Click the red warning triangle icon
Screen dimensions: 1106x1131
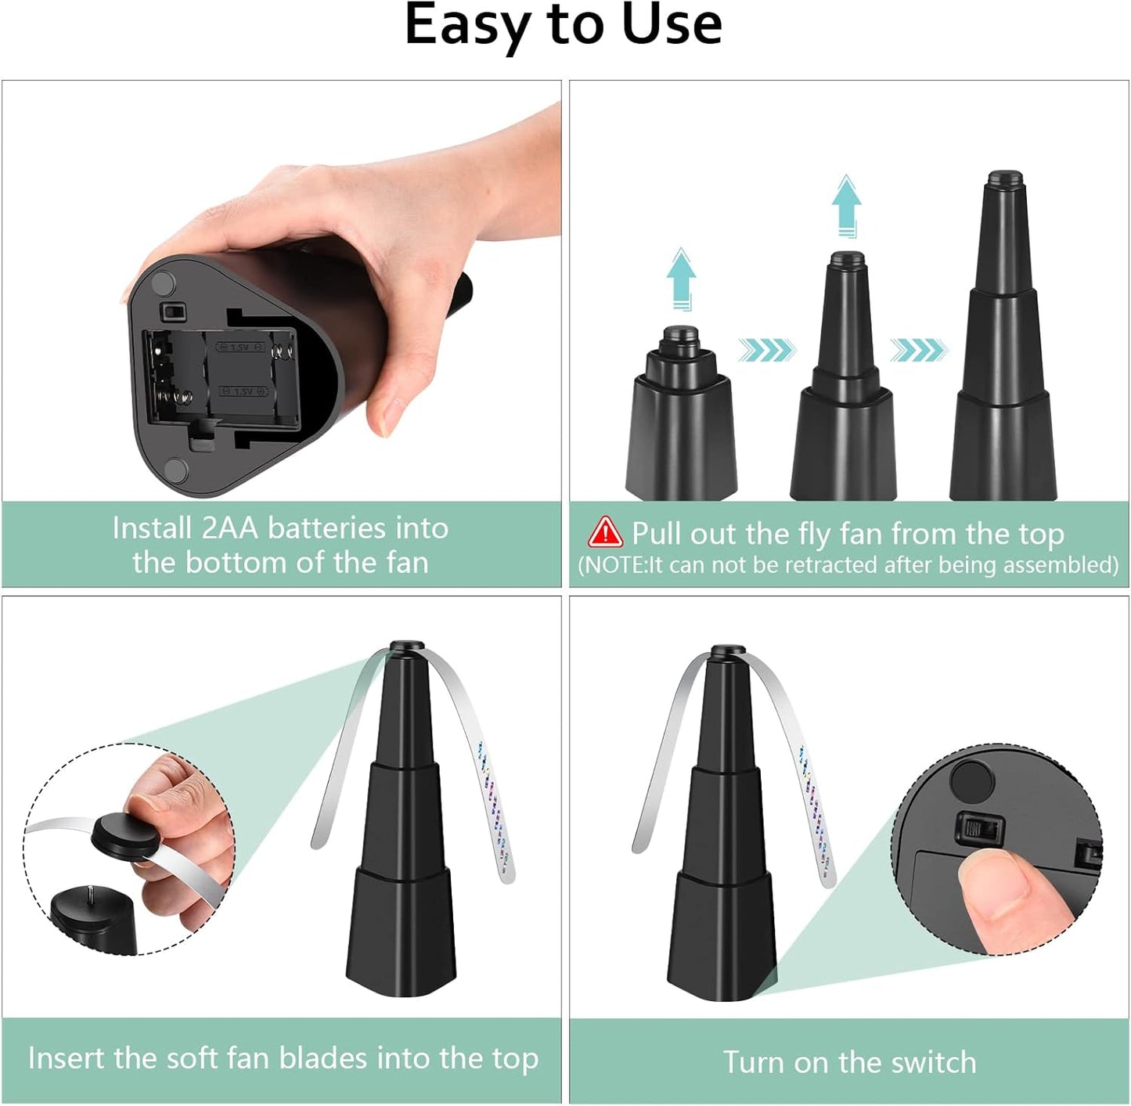[x=605, y=532]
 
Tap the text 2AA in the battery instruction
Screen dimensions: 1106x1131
[x=229, y=528]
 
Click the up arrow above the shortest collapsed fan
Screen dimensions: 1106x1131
[x=681, y=279]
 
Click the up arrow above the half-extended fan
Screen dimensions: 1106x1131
[x=846, y=205]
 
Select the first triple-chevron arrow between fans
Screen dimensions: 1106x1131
[x=766, y=350]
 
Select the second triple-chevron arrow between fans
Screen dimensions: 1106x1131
[x=918, y=350]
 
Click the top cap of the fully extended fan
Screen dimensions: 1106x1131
[x=1006, y=178]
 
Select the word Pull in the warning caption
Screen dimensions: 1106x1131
[x=657, y=534]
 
